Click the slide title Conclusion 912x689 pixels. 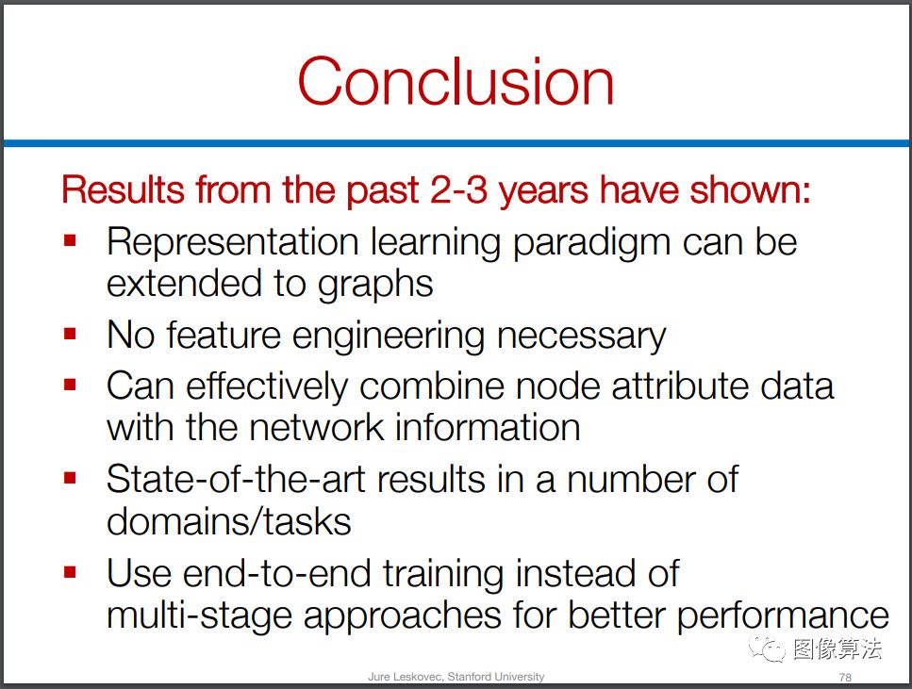coord(456,80)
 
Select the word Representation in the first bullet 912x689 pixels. coord(233,243)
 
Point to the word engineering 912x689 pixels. coord(388,337)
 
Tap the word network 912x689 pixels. coord(316,428)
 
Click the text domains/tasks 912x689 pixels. coord(229,521)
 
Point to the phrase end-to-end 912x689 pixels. coord(277,573)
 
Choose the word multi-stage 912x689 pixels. coord(199,615)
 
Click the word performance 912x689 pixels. coord(783,615)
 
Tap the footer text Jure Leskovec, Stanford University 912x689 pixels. coord(456,677)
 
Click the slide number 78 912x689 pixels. coord(845,678)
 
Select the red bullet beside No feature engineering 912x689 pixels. coord(71,334)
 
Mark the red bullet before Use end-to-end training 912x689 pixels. coord(71,572)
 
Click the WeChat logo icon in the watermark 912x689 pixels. coord(767,648)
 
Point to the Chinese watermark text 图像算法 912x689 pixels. coord(837,648)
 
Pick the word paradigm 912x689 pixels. coord(591,243)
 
